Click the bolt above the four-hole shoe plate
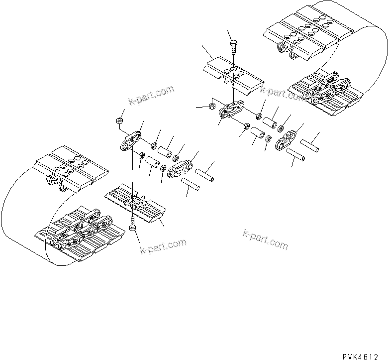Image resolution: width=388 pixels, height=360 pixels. (234, 48)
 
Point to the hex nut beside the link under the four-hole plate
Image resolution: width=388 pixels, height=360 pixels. (211, 106)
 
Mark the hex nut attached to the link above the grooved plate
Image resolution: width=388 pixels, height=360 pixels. (119, 120)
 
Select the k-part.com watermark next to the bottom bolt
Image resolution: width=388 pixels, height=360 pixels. (163, 245)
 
